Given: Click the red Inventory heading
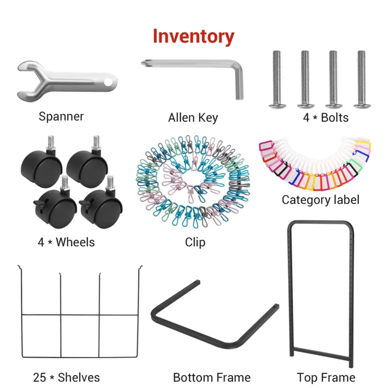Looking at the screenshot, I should [x=193, y=36].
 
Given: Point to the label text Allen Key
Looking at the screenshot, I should [x=193, y=117].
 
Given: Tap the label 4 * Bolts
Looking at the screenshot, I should [x=325, y=117].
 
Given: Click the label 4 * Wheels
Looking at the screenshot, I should [x=66, y=242].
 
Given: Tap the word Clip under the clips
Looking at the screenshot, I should [x=195, y=242].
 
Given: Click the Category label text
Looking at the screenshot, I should [x=320, y=199].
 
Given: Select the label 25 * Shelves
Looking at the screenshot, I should [x=66, y=377].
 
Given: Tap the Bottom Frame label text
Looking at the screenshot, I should [x=211, y=377].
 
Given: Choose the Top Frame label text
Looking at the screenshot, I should [x=326, y=377].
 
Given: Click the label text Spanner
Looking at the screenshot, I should [x=61, y=116].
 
